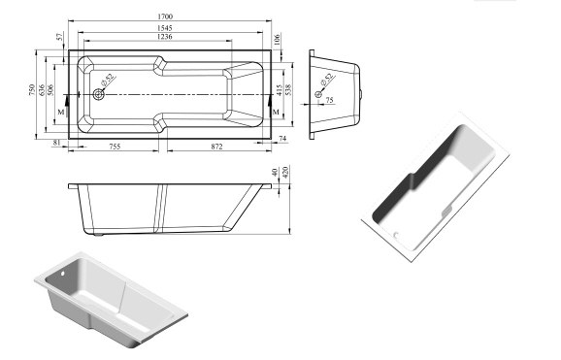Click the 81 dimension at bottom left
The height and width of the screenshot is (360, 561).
click(x=56, y=144)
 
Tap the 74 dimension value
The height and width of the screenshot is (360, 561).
click(x=281, y=140)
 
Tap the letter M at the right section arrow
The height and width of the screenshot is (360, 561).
click(x=276, y=113)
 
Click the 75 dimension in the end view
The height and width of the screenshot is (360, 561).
click(x=329, y=101)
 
